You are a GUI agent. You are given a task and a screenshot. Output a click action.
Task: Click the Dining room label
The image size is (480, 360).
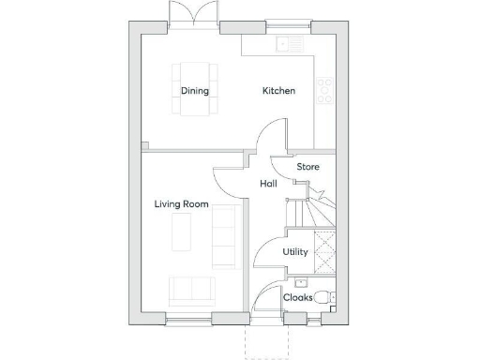[195, 91]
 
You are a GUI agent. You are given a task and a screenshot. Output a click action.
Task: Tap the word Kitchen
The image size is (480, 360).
[278, 91]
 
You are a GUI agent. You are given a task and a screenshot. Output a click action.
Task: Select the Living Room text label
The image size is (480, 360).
[181, 204]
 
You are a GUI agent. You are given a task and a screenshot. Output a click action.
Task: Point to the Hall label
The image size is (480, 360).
[268, 184]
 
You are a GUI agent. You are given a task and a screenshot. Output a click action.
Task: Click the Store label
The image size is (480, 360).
[307, 167]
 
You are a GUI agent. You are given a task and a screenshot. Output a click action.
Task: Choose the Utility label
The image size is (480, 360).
[295, 252]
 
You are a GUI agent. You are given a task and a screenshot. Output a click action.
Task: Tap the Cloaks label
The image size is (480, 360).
[298, 297]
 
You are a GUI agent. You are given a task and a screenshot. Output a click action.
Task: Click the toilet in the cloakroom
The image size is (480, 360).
[324, 298]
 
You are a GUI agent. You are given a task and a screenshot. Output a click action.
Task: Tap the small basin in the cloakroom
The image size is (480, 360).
[301, 282]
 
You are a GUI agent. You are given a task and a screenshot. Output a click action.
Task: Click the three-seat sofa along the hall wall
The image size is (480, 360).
[225, 237]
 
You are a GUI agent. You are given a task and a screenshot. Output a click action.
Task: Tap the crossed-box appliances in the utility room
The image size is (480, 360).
[324, 252]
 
